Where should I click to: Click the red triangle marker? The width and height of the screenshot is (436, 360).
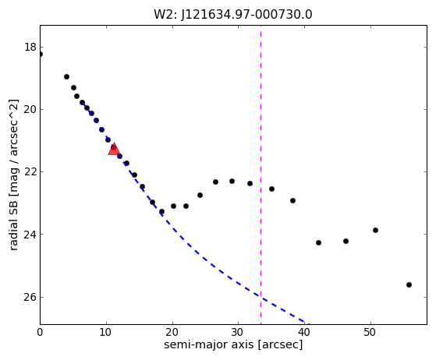pos(114,149)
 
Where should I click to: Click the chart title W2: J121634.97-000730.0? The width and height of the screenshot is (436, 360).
pos(233,15)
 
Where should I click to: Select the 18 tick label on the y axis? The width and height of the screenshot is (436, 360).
pos(30,47)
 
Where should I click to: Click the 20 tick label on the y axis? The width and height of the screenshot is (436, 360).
pos(30,109)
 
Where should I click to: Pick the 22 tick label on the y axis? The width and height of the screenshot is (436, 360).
pos(30,172)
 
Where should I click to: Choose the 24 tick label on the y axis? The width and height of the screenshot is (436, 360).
pos(30,235)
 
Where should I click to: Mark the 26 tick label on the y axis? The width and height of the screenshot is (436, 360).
pos(30,297)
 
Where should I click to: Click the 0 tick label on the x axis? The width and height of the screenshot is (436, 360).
pos(40,332)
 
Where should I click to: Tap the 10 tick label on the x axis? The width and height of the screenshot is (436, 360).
pos(106,332)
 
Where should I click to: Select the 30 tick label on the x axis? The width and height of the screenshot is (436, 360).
pos(239,332)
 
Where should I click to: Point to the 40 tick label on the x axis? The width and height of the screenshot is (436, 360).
pos(304,332)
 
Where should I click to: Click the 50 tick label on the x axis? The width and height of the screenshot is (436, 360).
pos(370,332)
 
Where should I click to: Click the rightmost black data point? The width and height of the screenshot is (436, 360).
pos(409,284)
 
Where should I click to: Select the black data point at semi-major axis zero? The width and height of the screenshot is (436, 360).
pos(41,55)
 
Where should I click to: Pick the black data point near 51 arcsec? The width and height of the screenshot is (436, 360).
pos(375,231)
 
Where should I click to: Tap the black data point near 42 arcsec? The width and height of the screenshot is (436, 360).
pos(319,243)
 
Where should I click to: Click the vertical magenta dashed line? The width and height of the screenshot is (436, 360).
pos(261,175)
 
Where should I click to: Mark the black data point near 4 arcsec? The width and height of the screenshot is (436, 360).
pos(67,76)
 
